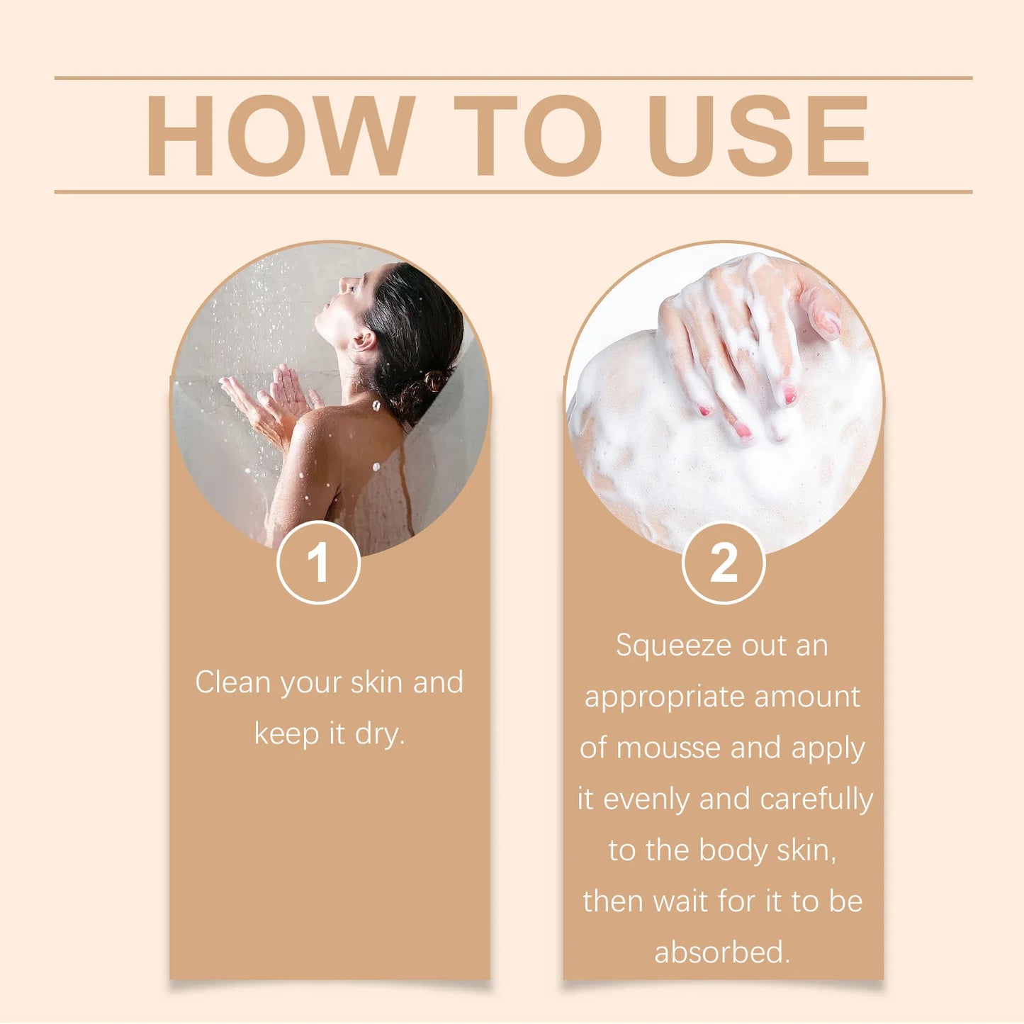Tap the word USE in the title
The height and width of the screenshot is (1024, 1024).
pyautogui.click(x=758, y=135)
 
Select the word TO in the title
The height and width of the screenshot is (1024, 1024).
pyautogui.click(x=527, y=135)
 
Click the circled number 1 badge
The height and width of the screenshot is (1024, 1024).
pyautogui.click(x=318, y=563)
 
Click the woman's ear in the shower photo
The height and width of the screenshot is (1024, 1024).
pyautogui.click(x=364, y=341)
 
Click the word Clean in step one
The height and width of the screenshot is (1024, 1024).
pyautogui.click(x=232, y=682)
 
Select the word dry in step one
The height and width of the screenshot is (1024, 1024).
pyautogui.click(x=379, y=734)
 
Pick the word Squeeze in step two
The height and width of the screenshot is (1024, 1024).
pyautogui.click(x=673, y=646)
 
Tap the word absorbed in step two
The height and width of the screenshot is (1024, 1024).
pyautogui.click(x=721, y=952)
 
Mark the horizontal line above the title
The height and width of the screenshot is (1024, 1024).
pyautogui.click(x=513, y=78)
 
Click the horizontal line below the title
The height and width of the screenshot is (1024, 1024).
pyautogui.click(x=513, y=191)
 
